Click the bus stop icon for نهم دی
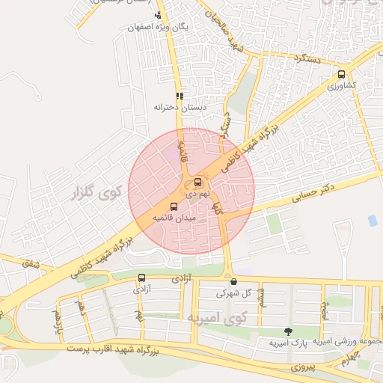(197, 182)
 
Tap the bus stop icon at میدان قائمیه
(174, 206)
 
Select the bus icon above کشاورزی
(341, 74)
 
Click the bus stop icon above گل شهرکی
(234, 282)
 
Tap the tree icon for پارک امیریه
(288, 331)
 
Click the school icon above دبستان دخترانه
(180, 96)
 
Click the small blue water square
(372, 220)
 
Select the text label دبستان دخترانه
(180, 108)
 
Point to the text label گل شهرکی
(234, 293)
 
